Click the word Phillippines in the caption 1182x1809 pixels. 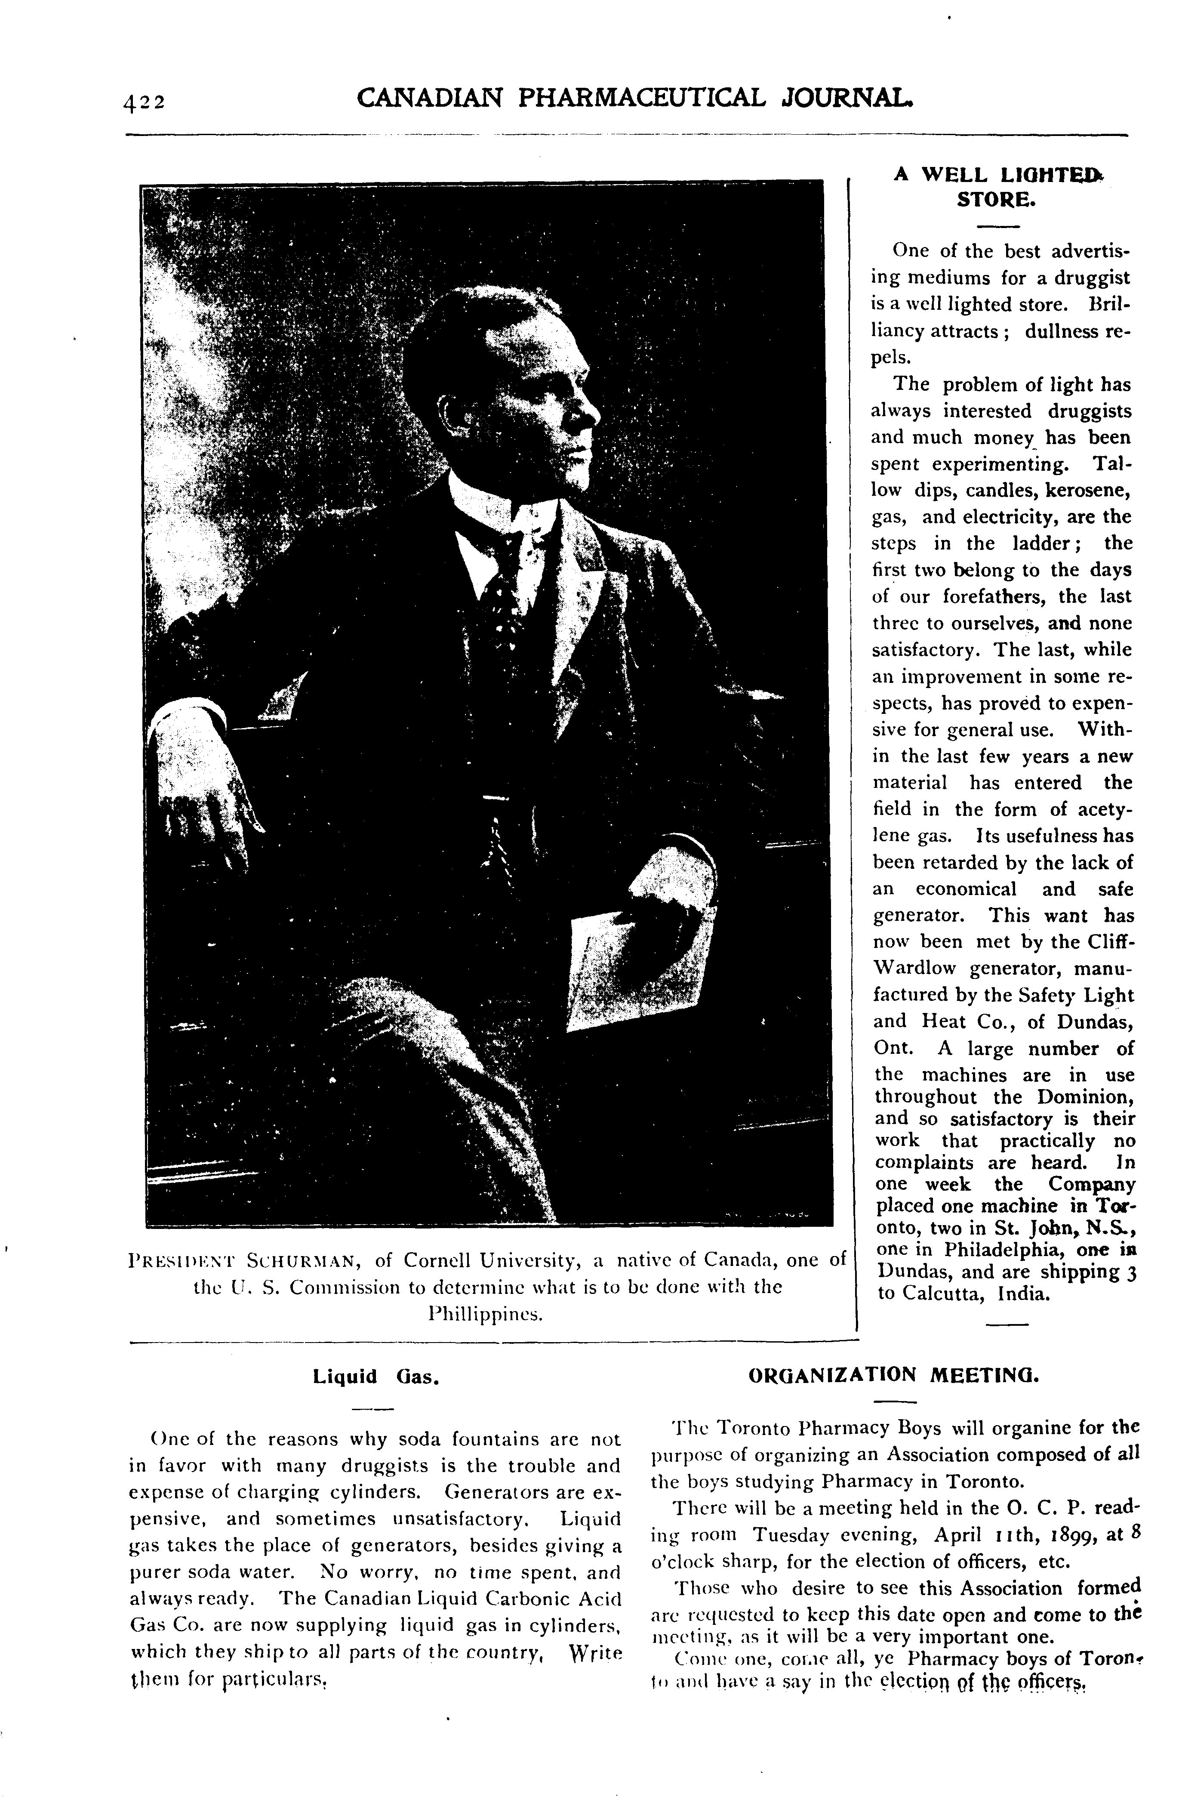[486, 1313]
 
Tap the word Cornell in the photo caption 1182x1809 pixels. [443, 1261]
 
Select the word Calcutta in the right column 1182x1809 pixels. [943, 1293]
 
